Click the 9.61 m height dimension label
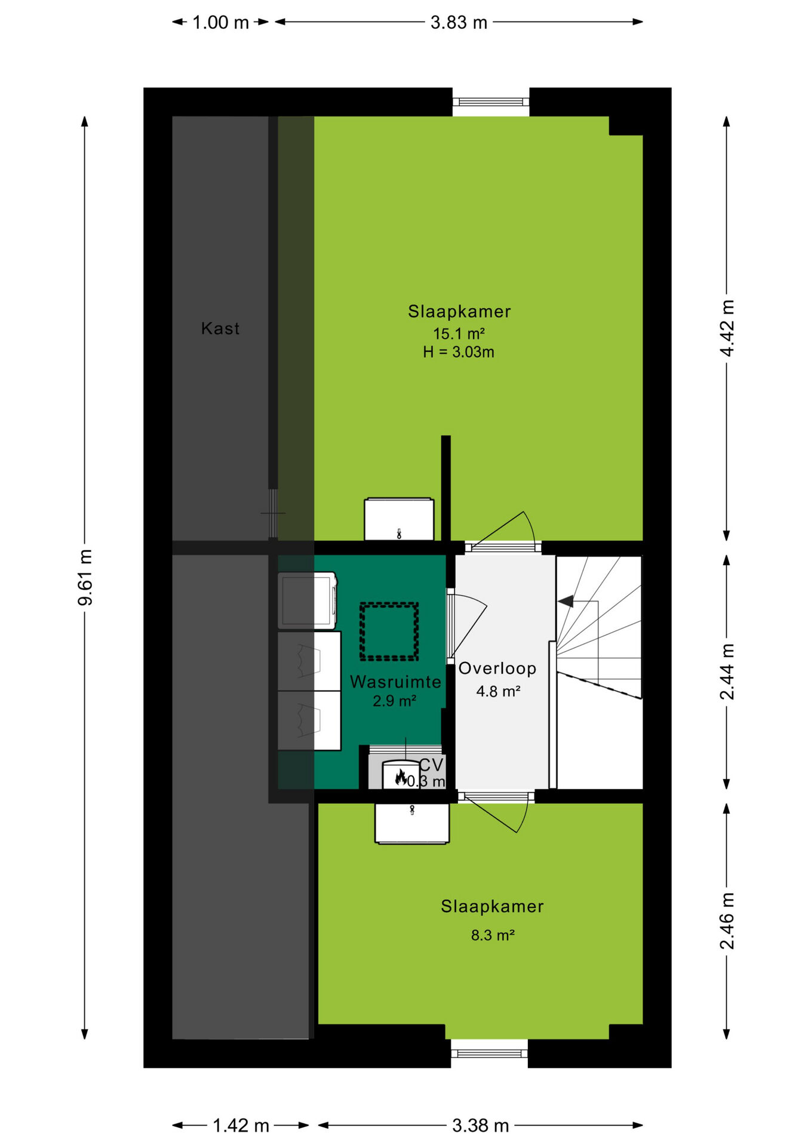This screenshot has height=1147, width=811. click(x=85, y=577)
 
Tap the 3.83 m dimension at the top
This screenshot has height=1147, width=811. click(x=459, y=23)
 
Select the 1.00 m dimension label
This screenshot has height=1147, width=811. click(x=220, y=23)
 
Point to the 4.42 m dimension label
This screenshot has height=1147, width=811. click(x=727, y=328)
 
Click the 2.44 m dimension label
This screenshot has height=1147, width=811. click(x=727, y=671)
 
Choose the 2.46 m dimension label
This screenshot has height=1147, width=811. click(x=727, y=921)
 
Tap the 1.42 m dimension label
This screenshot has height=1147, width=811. click(x=241, y=1126)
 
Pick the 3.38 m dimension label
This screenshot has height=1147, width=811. click(x=480, y=1126)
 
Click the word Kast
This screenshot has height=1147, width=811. click(x=220, y=328)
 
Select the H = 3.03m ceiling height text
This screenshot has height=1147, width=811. click(x=459, y=352)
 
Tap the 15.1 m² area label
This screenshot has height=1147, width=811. click(x=459, y=333)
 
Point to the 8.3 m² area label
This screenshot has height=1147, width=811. click(x=493, y=935)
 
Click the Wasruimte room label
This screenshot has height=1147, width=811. click(x=395, y=682)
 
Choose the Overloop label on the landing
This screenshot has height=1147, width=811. click(x=497, y=668)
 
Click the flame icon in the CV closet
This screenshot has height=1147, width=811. click(x=401, y=777)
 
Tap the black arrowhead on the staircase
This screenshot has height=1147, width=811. click(x=566, y=601)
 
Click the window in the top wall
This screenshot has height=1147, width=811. click(x=491, y=102)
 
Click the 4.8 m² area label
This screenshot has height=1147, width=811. click(x=498, y=691)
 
